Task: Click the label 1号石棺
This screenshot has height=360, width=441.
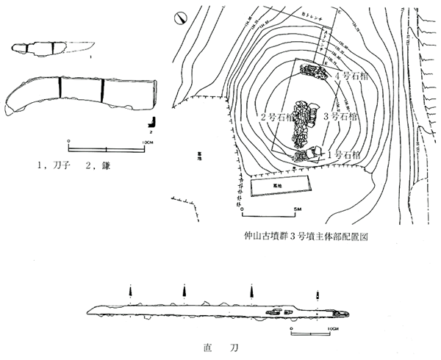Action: click(x=343, y=155)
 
